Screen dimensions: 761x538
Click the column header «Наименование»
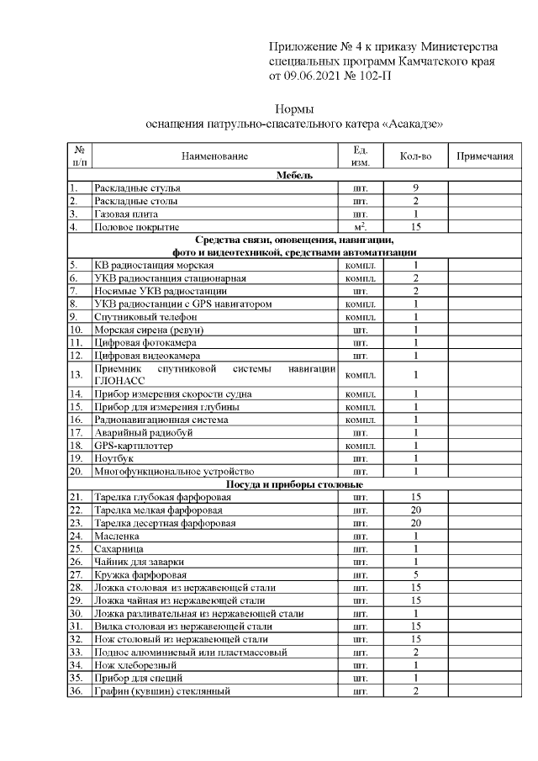coord(214,156)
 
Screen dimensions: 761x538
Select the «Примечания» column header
coord(485,156)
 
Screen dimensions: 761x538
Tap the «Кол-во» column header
coord(415,156)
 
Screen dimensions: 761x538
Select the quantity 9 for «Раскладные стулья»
coord(415,188)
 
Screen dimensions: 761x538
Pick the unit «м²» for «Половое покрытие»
coord(361,227)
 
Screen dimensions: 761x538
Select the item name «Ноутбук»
coord(113,458)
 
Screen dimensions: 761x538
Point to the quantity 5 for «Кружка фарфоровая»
coord(415,574)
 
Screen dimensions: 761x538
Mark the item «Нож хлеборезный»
coord(129,664)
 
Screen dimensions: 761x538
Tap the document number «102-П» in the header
coord(373,77)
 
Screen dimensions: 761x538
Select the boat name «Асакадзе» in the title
coord(412,124)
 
